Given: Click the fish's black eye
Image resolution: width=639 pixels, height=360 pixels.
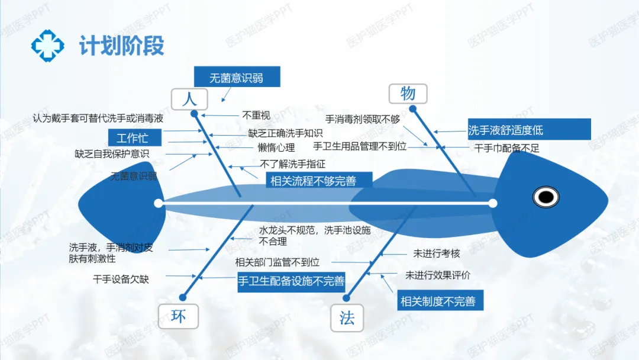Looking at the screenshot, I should [x=546, y=197].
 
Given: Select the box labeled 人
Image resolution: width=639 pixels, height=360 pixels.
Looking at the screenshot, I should [x=189, y=98].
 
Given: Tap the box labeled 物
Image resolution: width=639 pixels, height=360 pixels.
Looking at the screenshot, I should [x=408, y=93].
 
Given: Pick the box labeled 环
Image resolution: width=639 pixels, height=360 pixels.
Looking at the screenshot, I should [x=178, y=317].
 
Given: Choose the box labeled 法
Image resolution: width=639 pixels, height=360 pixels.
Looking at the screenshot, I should [x=347, y=319].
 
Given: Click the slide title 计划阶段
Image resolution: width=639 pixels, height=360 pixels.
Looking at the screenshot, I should [x=121, y=46].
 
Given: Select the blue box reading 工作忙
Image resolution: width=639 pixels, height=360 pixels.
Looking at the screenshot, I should [x=132, y=139].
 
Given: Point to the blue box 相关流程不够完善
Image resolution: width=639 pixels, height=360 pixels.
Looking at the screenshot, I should [x=313, y=181].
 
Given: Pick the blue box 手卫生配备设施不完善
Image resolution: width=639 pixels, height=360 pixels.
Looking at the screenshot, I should [x=291, y=281].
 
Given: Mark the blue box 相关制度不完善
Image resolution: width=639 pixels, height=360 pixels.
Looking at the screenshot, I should [x=438, y=301].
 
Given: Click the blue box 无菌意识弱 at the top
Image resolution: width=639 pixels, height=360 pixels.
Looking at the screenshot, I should [x=237, y=78].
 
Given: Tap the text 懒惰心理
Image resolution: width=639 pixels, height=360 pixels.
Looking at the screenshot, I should [x=276, y=147].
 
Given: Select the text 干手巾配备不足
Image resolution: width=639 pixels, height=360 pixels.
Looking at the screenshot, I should [x=507, y=148].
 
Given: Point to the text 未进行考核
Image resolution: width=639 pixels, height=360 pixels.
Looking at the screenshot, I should [x=437, y=253].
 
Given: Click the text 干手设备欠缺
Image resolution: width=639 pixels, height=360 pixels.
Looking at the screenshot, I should [x=121, y=278].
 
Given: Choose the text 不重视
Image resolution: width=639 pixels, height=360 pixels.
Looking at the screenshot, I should [x=256, y=115].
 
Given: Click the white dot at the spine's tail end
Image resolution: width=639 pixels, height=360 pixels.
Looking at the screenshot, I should [x=158, y=204].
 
